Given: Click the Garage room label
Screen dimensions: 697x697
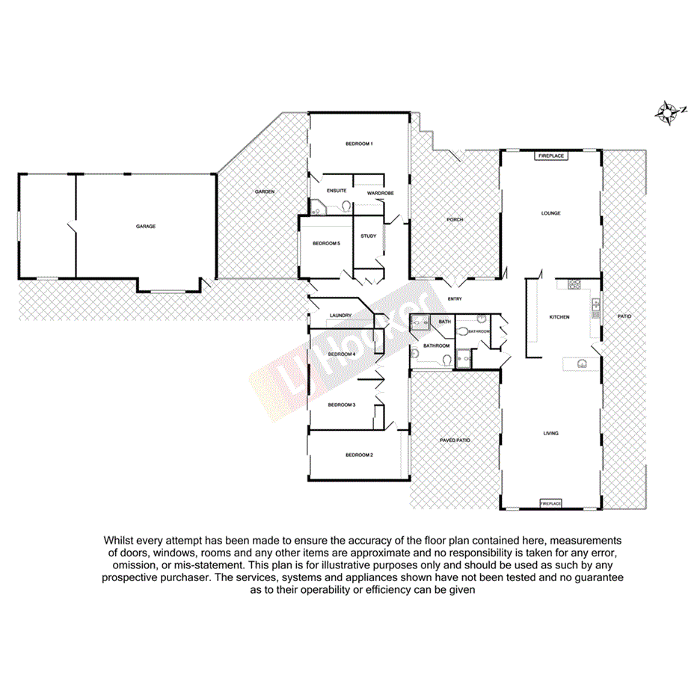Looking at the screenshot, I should click(145, 226).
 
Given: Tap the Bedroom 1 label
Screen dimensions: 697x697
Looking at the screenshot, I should click(359, 143).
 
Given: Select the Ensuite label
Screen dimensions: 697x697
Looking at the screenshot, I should click(336, 191).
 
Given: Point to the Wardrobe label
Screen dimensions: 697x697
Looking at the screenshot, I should click(381, 194).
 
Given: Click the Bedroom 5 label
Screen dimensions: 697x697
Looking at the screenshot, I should click(326, 243).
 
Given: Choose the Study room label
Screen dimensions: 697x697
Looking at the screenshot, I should click(368, 236).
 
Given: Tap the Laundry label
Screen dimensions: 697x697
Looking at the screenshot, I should click(340, 316).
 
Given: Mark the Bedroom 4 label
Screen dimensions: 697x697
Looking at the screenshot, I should click(341, 354).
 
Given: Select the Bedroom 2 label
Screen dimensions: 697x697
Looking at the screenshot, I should click(359, 455).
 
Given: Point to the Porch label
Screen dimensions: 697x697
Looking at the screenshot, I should click(455, 220).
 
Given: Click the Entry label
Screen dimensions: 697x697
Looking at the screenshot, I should click(455, 299).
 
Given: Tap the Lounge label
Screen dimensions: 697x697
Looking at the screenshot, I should click(551, 213).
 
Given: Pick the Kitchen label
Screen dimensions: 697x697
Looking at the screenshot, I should click(559, 317).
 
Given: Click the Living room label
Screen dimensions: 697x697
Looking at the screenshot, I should click(551, 433).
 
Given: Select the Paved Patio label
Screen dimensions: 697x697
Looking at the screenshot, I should click(455, 440).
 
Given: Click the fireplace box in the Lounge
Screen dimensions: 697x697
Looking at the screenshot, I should click(551, 156).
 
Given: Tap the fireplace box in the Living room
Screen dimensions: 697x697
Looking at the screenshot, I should click(551, 504).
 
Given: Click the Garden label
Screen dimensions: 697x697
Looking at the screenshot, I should click(265, 191).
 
